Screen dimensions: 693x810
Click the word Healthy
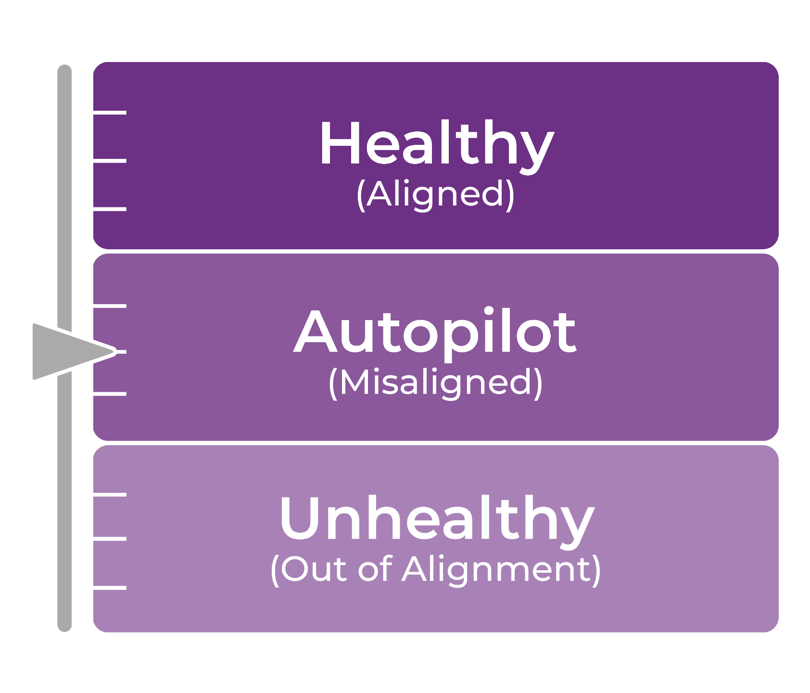click(x=437, y=144)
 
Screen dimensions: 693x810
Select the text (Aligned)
click(x=436, y=195)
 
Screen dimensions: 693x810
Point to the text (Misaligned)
click(x=436, y=383)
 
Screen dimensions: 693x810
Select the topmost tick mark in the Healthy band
click(x=110, y=113)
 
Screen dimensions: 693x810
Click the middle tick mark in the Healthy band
click(x=110, y=160)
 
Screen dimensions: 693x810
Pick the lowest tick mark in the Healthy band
click(x=110, y=209)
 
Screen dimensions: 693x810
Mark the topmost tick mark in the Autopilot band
click(x=110, y=306)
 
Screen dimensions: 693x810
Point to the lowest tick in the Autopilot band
click(x=110, y=394)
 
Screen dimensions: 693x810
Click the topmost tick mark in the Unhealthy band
click(x=110, y=494)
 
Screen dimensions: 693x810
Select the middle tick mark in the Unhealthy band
click(x=110, y=539)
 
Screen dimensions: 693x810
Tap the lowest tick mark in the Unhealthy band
click(x=110, y=588)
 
